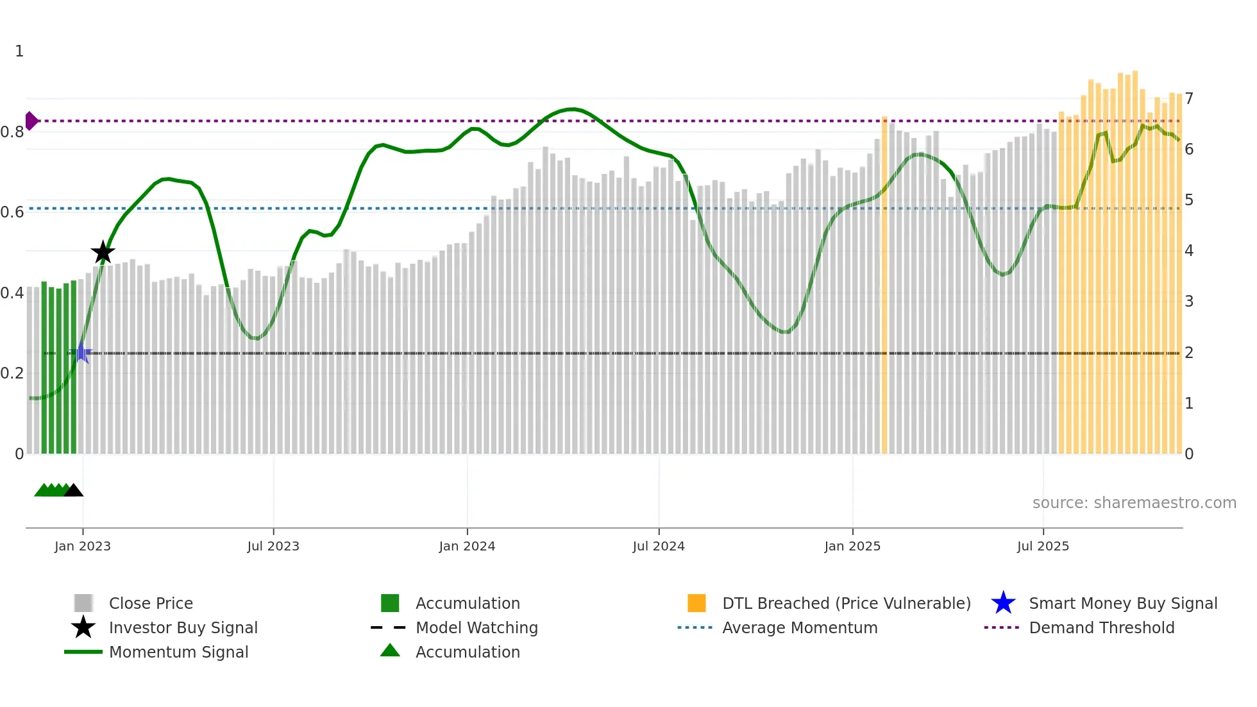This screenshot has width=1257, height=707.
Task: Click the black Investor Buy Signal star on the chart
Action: pyautogui.click(x=103, y=252)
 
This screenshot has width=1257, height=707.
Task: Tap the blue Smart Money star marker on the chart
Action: pyautogui.click(x=81, y=353)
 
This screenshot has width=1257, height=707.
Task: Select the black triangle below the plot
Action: pyautogui.click(x=74, y=491)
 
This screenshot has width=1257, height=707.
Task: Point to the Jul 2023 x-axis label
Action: pyautogui.click(x=273, y=546)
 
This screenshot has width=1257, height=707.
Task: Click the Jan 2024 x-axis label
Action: pyautogui.click(x=467, y=546)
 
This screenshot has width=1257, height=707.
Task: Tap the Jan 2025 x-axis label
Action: pyautogui.click(x=852, y=546)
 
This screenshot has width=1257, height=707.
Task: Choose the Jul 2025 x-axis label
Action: pyautogui.click(x=1043, y=546)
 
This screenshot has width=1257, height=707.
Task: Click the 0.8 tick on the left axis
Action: pyautogui.click(x=12, y=132)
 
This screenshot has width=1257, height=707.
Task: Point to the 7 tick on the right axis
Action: pyautogui.click(x=1189, y=99)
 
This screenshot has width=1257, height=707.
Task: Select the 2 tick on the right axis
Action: pyautogui.click(x=1189, y=353)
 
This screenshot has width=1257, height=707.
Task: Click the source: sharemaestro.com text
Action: pyautogui.click(x=1134, y=503)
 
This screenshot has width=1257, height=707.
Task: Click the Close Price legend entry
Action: pyautogui.click(x=151, y=604)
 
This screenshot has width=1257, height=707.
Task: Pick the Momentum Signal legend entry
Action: pyautogui.click(x=178, y=652)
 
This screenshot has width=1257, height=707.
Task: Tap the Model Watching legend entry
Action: pyautogui.click(x=477, y=628)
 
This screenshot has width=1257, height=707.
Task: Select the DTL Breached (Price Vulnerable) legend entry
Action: pyautogui.click(x=846, y=604)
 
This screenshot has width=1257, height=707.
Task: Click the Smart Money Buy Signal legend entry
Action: pyautogui.click(x=1122, y=604)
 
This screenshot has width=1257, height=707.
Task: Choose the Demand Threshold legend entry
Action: pyautogui.click(x=1101, y=628)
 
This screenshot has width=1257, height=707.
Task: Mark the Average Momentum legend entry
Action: pyautogui.click(x=799, y=628)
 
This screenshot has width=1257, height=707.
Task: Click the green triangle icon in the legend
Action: pyautogui.click(x=390, y=651)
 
